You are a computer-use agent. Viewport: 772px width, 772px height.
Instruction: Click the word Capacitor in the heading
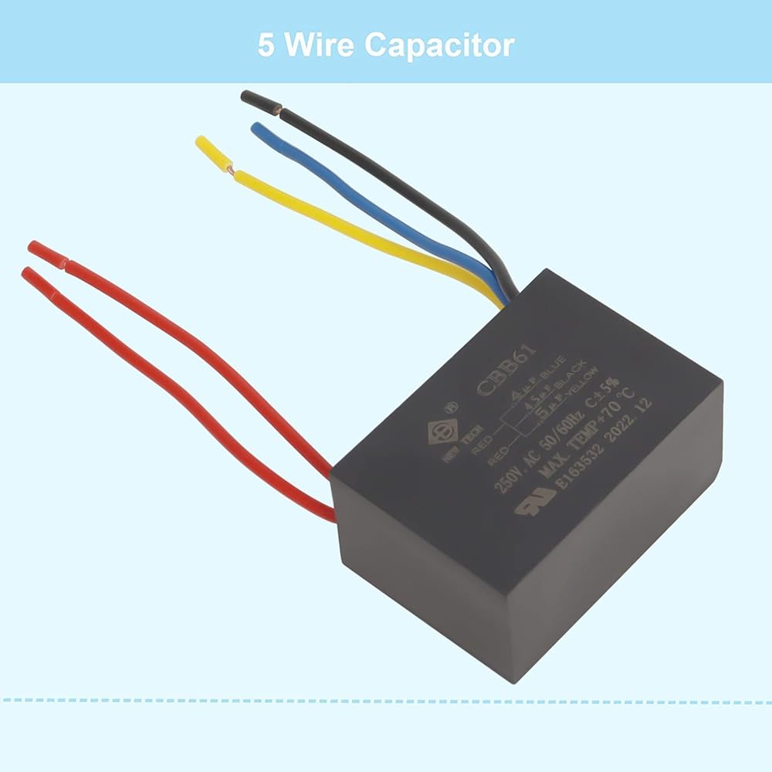(x=439, y=45)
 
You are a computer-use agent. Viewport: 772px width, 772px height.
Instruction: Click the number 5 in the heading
(x=266, y=45)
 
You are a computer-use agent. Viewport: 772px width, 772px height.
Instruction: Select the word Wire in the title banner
(x=320, y=45)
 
